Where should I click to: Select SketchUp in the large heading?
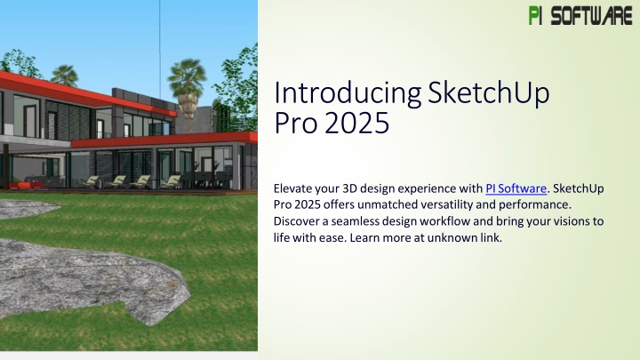(x=489, y=94)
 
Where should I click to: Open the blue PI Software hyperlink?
(x=516, y=188)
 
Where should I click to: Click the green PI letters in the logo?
(x=535, y=15)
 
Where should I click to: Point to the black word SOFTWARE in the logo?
(x=591, y=16)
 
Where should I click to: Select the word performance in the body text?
(x=534, y=205)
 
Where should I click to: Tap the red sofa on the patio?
(x=26, y=185)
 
